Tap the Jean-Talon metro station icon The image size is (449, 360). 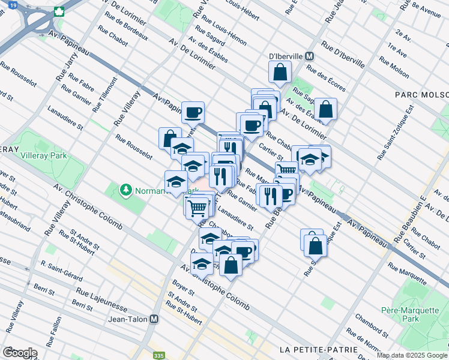pyautogui.click(x=155, y=320)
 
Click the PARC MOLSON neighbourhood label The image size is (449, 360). pyautogui.click(x=421, y=95)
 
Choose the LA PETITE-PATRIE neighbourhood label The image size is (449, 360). pyautogui.click(x=318, y=349)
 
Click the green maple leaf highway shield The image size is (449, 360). pyautogui.click(x=59, y=11)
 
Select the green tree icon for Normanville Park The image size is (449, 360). pyautogui.click(x=125, y=190)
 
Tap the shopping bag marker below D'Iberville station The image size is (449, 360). pyautogui.click(x=280, y=74)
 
